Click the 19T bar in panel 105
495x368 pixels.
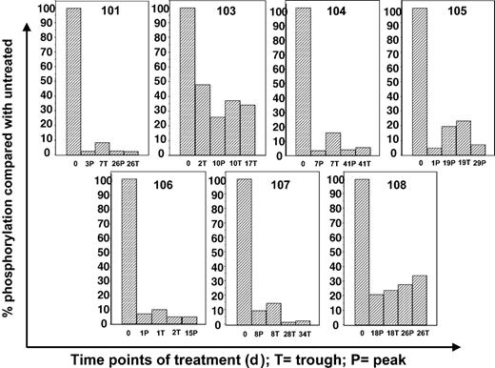[x=464, y=137]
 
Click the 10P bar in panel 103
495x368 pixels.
[x=218, y=135]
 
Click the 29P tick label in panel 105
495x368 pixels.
[x=478, y=163]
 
